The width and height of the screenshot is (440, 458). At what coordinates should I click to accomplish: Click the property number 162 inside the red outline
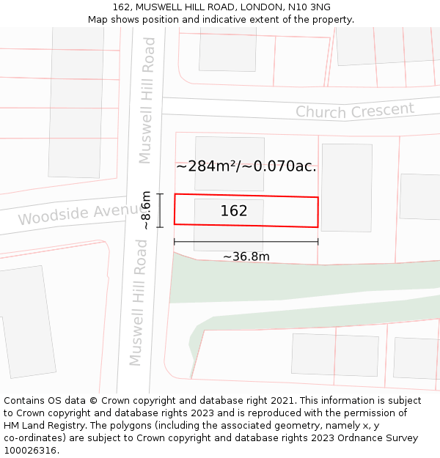pos(234,211)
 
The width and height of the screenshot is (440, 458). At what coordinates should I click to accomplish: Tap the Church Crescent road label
pos(355,111)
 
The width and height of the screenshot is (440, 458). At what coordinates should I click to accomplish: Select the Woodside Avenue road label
pos(72,215)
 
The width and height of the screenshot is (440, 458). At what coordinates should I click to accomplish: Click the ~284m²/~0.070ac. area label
pos(246,166)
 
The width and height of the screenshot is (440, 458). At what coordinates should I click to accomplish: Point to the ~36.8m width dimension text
pos(246,256)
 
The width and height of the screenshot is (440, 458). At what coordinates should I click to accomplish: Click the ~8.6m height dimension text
pos(147,210)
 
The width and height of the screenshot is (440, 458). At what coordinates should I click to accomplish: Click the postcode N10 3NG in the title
pos(310,7)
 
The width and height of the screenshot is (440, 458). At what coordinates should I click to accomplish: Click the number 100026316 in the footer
pos(30,451)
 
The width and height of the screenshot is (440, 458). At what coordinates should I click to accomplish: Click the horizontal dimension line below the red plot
pos(246,242)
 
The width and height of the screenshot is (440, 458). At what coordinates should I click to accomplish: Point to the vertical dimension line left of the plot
pos(160,210)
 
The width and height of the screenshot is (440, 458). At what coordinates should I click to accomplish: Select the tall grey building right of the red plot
pos(346,187)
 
